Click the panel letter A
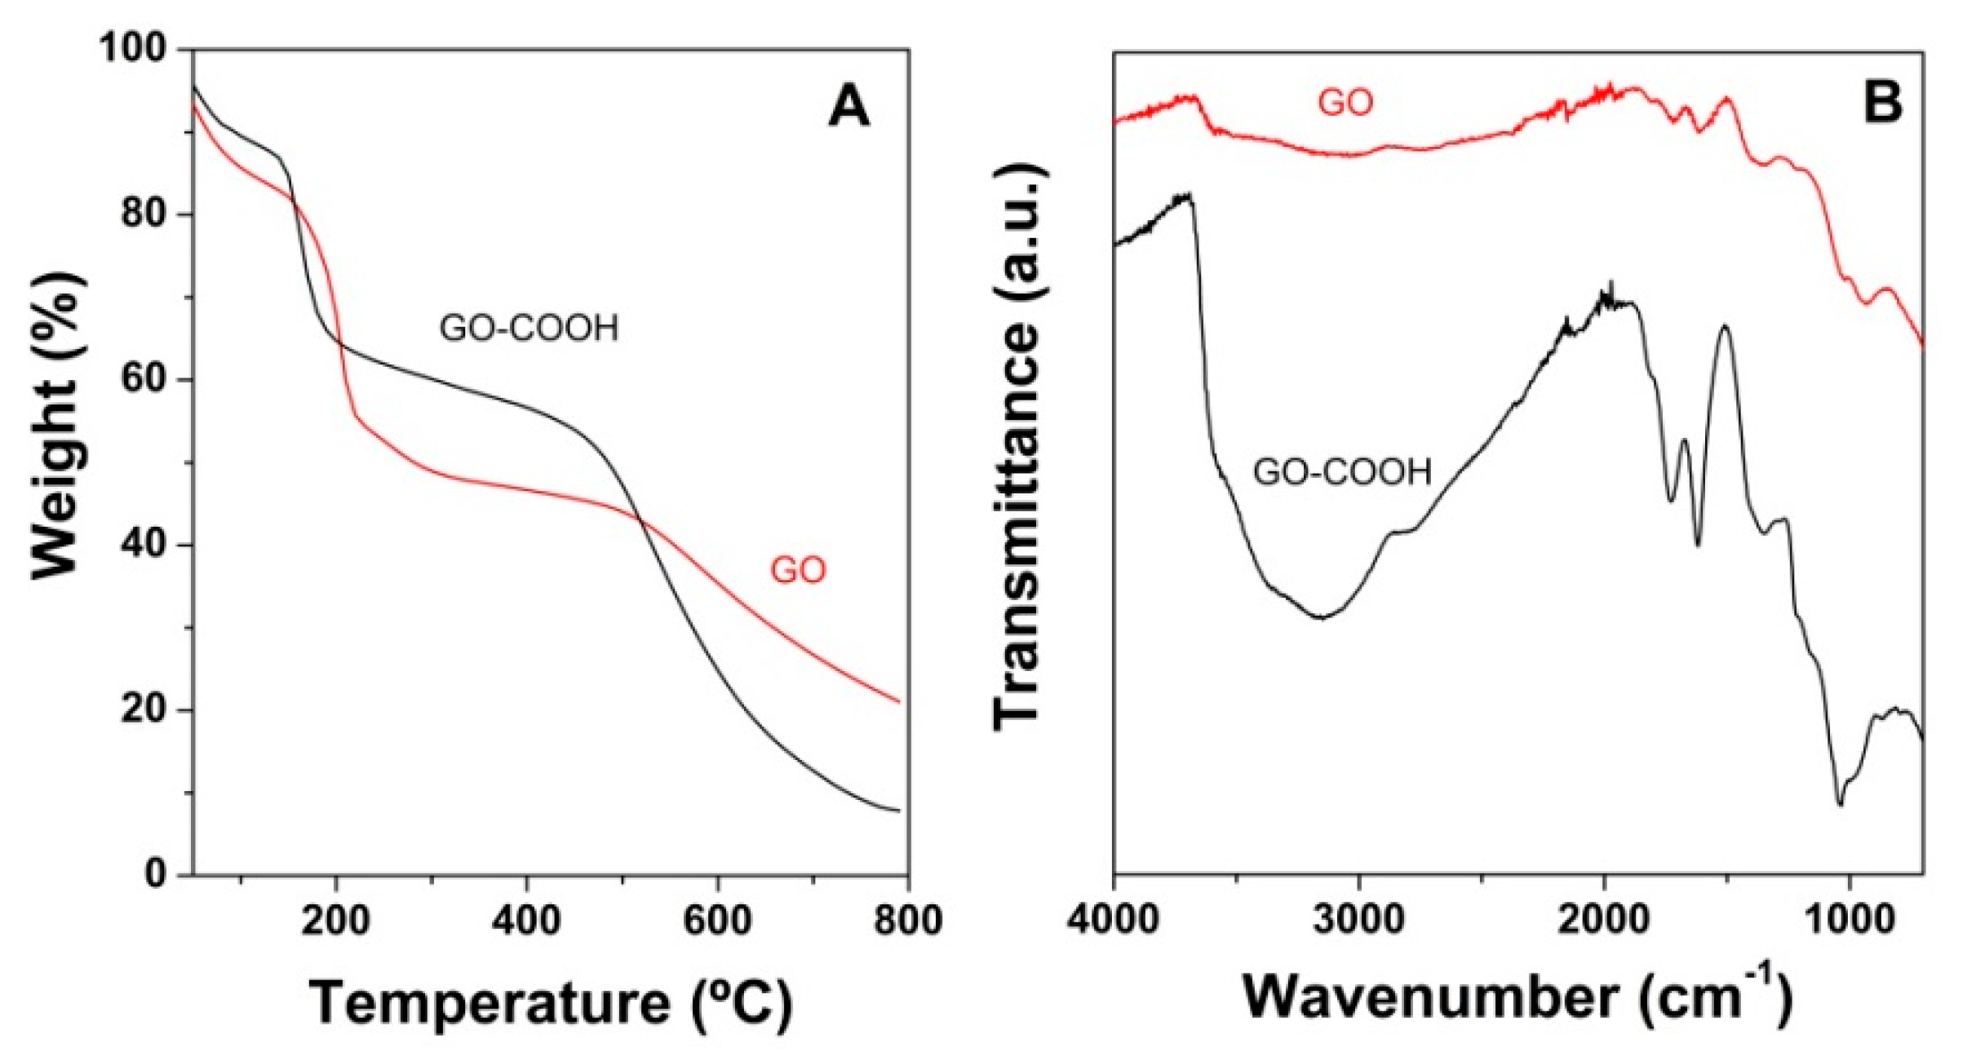pyautogui.click(x=848, y=107)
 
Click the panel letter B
pyautogui.click(x=1882, y=104)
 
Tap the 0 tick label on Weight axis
pyautogui.click(x=158, y=873)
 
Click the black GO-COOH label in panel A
pyautogui.click(x=529, y=328)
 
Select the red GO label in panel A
pyautogui.click(x=798, y=570)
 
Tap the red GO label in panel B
pyautogui.click(x=1345, y=103)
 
